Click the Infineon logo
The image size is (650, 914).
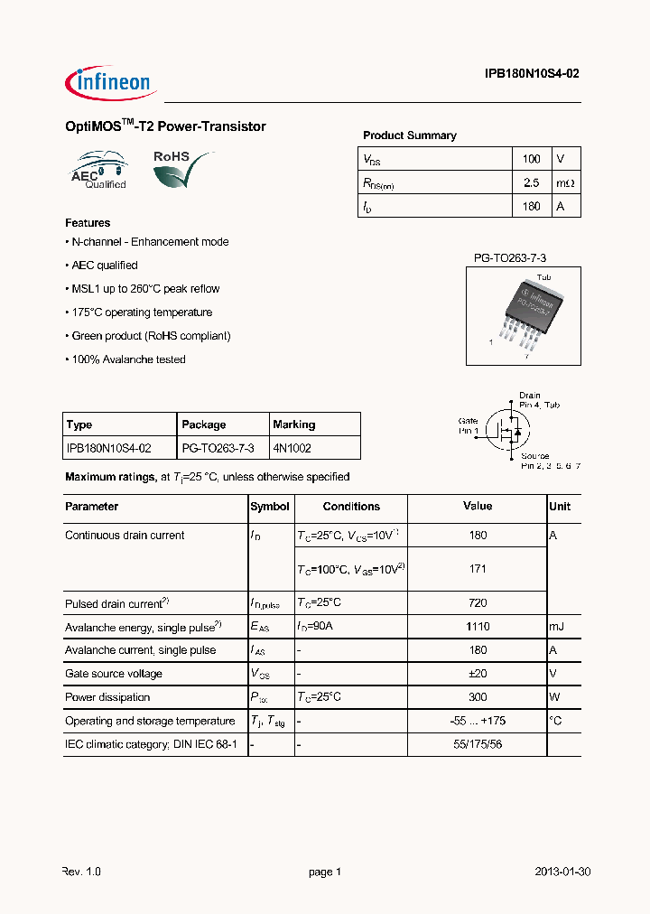pos(111,82)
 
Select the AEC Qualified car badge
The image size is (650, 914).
pos(100,170)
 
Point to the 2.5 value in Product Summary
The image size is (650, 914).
pos(531,182)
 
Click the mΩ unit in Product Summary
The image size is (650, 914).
pos(564,182)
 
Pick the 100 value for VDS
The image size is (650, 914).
pos(531,159)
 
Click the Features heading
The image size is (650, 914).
pos(88,222)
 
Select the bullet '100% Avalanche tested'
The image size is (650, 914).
pos(125,359)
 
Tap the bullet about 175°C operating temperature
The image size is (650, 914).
pos(139,312)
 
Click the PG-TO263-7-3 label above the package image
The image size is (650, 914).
pos(510,258)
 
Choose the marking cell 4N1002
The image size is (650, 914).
pos(292,448)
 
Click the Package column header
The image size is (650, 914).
pos(204,424)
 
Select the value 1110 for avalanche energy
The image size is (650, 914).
pos(478,627)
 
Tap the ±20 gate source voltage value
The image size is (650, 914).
pos(478,674)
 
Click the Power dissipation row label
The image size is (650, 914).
pos(107,697)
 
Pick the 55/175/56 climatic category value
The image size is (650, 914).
pos(478,744)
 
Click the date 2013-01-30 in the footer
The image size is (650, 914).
pos(562,872)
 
